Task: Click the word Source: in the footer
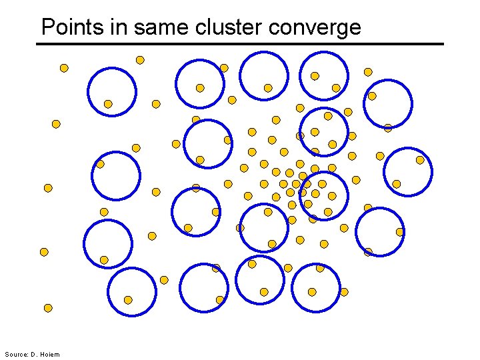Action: pos(16,354)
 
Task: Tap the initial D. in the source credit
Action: pos(34,354)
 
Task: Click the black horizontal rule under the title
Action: pos(240,44)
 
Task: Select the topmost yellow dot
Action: pos(140,60)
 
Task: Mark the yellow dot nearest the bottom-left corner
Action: pos(48,308)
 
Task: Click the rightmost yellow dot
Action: pos(420,160)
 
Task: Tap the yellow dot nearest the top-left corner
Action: pos(64,68)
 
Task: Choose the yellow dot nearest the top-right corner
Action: pos(368,72)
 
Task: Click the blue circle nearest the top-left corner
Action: pos(112,91)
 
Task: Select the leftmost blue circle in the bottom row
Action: pos(132,291)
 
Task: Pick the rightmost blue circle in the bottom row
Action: pos(316,288)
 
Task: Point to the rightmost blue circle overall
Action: pos(408,171)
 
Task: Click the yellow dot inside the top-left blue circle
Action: pos(108,104)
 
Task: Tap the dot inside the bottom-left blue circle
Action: pos(128,300)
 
